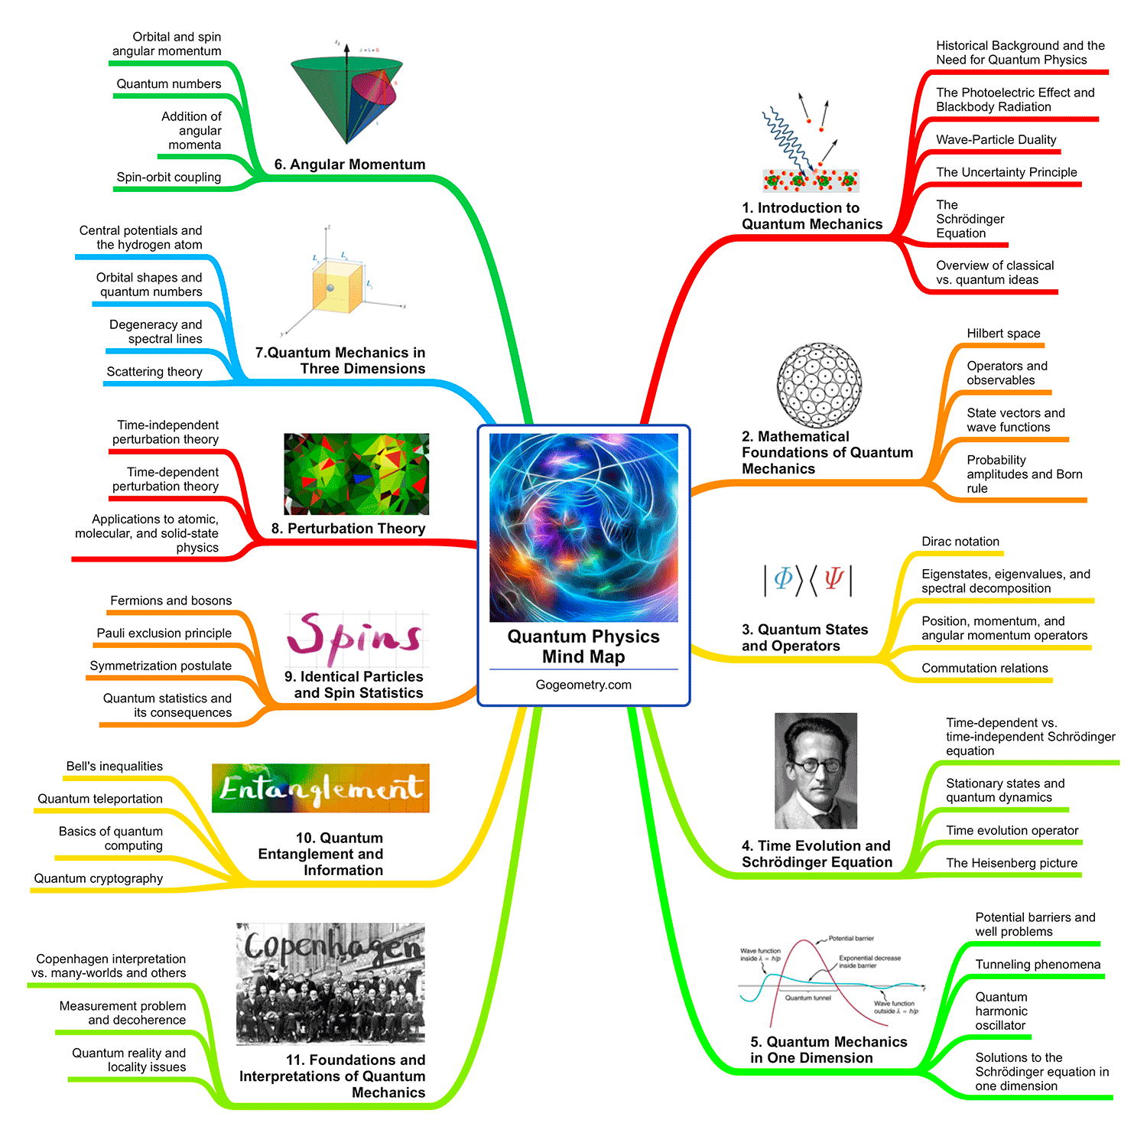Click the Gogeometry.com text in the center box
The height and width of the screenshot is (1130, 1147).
pyautogui.click(x=583, y=685)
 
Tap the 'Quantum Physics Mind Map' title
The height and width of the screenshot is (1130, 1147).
pyautogui.click(x=583, y=646)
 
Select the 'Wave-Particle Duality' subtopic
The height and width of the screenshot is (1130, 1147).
pyautogui.click(x=996, y=140)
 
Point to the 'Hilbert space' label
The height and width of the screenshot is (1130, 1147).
pyautogui.click(x=1003, y=334)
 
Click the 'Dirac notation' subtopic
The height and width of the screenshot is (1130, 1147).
pyautogui.click(x=960, y=542)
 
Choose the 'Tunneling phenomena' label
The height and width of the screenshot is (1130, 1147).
pyautogui.click(x=1038, y=965)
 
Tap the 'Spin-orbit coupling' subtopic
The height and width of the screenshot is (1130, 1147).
pyautogui.click(x=169, y=177)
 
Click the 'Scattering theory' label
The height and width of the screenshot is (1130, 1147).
pyautogui.click(x=154, y=372)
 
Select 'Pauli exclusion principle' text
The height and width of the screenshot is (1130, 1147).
pyautogui.click(x=164, y=633)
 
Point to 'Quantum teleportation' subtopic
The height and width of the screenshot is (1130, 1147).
pyautogui.click(x=100, y=799)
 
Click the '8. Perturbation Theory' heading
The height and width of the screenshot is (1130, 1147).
pyautogui.click(x=348, y=529)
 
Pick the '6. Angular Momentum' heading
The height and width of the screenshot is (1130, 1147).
pyautogui.click(x=349, y=164)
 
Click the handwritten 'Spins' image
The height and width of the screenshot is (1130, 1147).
pyautogui.click(x=355, y=639)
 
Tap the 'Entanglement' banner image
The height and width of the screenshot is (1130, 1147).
pyautogui.click(x=320, y=788)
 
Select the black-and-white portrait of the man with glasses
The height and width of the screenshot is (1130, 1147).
pyautogui.click(x=815, y=770)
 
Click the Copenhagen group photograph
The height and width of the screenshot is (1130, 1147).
pyautogui.click(x=330, y=983)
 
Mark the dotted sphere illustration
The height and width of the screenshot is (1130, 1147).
pyautogui.click(x=819, y=385)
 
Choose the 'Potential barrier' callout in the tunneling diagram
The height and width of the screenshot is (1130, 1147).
pyautogui.click(x=850, y=938)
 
